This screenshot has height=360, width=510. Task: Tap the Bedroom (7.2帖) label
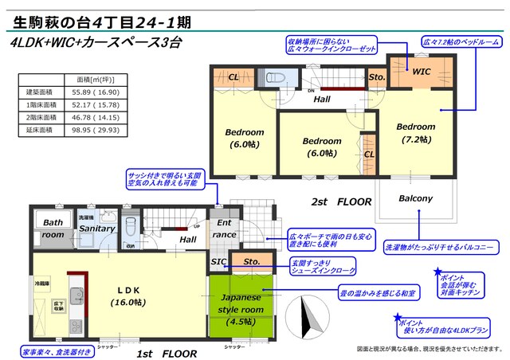click(x=415, y=132)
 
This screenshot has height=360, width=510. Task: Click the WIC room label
click(x=421, y=71)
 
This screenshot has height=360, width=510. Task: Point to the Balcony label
click(x=415, y=198)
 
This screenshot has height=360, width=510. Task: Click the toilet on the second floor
click(x=277, y=77)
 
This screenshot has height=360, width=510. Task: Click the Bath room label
click(x=53, y=229)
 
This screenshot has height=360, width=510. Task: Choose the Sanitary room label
click(x=96, y=229)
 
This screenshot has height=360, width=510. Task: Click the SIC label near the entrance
click(x=218, y=260)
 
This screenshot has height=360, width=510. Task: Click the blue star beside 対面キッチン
click(x=437, y=273)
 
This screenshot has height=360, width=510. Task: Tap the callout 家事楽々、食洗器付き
click(x=50, y=350)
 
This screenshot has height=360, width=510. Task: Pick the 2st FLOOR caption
click(x=342, y=202)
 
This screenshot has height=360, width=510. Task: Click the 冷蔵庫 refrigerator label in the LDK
click(x=41, y=283)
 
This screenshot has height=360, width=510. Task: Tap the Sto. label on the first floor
click(x=252, y=260)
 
